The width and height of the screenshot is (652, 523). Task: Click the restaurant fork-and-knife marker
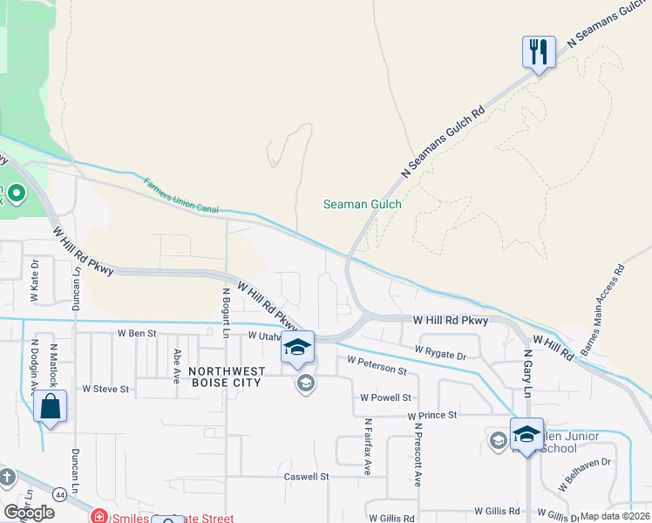click(x=539, y=52)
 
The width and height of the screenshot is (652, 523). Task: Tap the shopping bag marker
click(x=51, y=407)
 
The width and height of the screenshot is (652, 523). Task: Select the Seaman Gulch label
click(x=362, y=204)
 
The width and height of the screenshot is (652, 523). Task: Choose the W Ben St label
click(x=137, y=333)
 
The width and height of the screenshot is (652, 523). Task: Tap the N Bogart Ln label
click(x=225, y=313)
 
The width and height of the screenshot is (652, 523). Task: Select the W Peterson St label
click(x=377, y=364)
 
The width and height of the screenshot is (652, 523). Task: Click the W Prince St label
click(x=432, y=415)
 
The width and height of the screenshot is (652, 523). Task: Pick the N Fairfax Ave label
click(x=368, y=445)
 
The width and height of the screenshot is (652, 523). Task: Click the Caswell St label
click(x=306, y=477)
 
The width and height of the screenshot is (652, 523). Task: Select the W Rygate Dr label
click(x=440, y=352)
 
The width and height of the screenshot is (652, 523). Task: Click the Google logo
click(x=29, y=513)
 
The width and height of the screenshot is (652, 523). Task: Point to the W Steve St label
click(x=105, y=389)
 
